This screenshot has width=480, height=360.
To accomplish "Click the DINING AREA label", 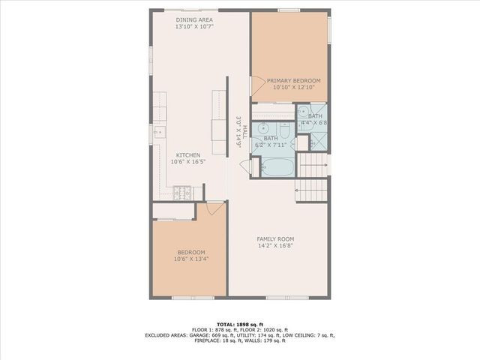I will [194, 19].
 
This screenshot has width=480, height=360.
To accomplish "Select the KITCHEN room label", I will [188, 154].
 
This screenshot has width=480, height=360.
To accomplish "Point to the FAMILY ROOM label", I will [275, 238].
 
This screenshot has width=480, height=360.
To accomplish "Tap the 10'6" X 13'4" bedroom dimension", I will [191, 259].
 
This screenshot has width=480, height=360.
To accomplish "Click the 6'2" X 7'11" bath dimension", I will [270, 145].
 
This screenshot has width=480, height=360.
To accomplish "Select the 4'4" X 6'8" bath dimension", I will [315, 123].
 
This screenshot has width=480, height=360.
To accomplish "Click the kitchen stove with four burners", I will [182, 193].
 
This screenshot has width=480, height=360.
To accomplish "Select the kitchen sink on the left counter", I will [159, 131].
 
